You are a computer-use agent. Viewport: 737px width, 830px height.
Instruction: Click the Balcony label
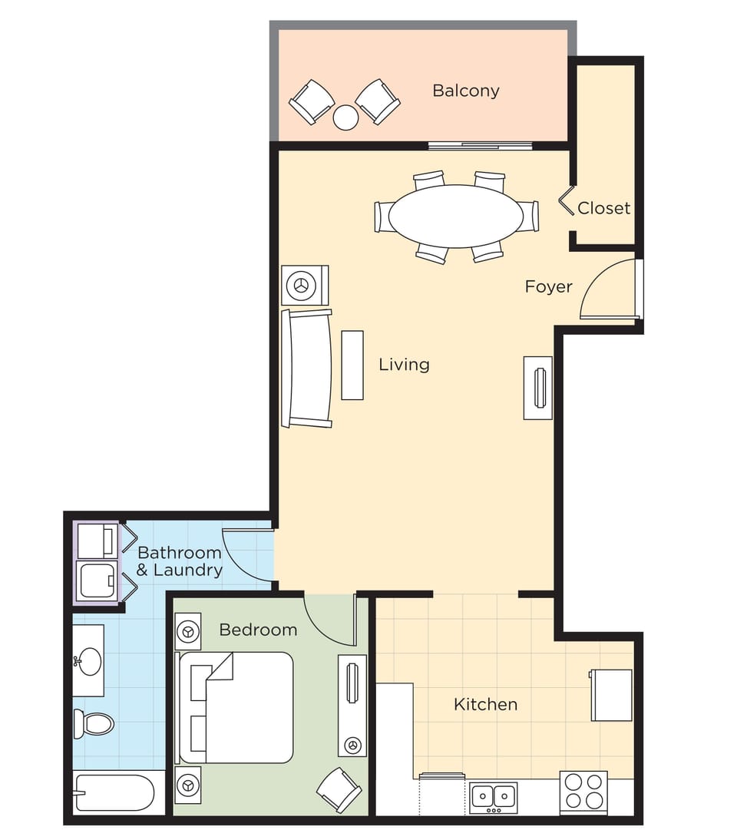tap(465, 91)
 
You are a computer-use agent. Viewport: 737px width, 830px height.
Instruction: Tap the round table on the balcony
tap(345, 117)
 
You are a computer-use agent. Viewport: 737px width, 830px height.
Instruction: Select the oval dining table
tap(456, 216)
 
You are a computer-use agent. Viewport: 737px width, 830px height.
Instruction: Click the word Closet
tap(603, 208)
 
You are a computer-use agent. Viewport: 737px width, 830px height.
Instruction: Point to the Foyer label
tap(548, 287)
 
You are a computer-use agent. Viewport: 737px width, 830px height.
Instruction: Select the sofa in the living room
tap(307, 369)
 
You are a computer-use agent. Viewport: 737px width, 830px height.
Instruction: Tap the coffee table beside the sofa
tap(352, 365)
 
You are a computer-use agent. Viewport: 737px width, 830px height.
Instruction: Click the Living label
tap(404, 365)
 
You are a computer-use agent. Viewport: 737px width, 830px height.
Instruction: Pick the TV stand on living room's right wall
tap(538, 388)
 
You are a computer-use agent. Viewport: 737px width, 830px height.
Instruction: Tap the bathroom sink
tap(90, 660)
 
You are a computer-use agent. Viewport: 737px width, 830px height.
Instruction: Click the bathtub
tap(115, 792)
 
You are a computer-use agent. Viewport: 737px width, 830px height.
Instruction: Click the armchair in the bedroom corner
tap(339, 789)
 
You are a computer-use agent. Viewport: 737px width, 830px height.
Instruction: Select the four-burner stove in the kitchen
tap(583, 792)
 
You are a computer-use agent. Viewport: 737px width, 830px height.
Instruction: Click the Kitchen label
tap(485, 704)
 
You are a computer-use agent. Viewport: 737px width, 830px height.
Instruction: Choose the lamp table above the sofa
tap(304, 285)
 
